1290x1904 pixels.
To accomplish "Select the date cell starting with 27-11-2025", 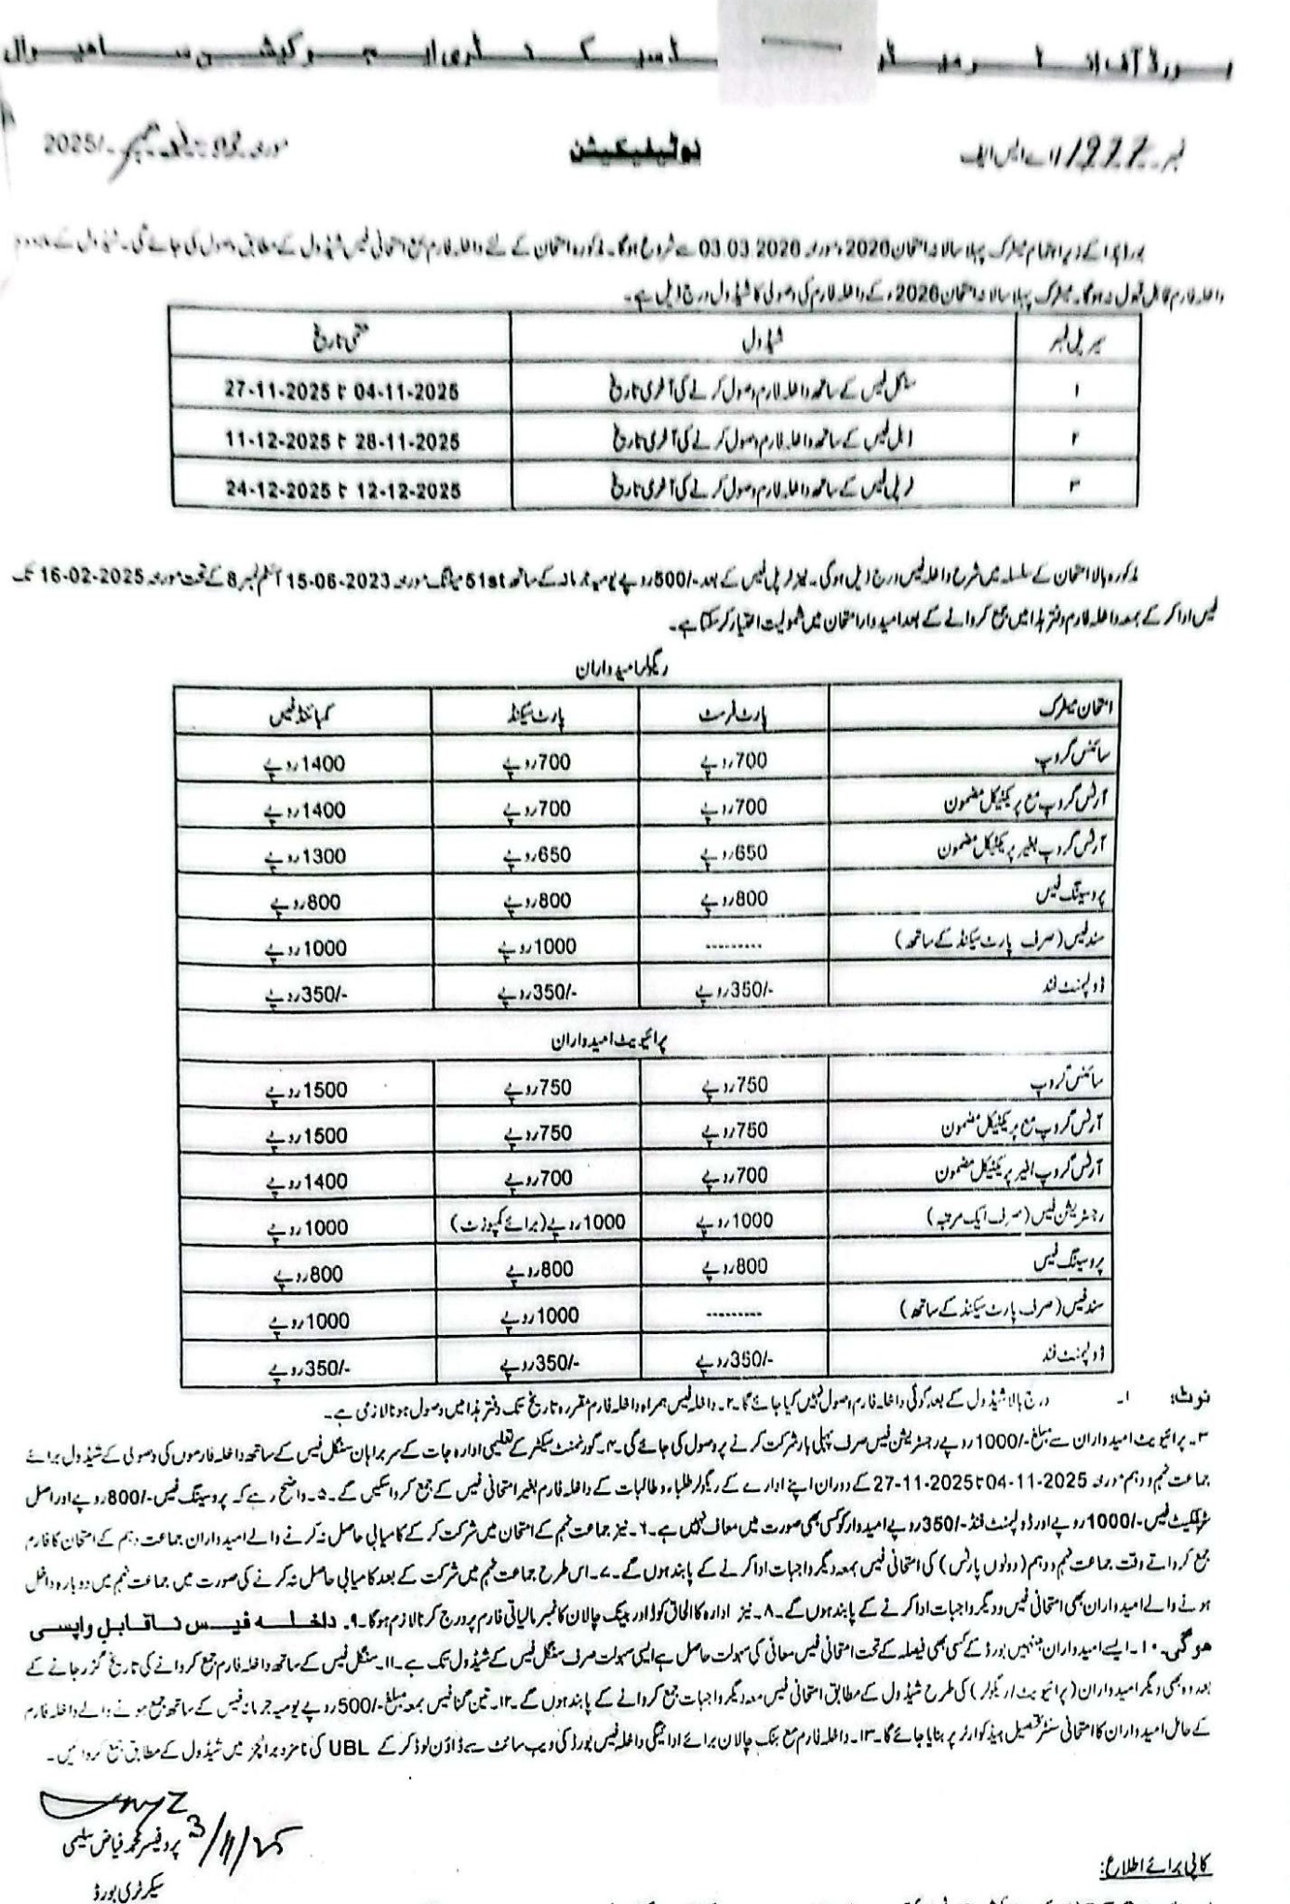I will pyautogui.click(x=341, y=390).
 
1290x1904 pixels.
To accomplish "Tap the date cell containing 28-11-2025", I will pyautogui.click(x=341, y=440).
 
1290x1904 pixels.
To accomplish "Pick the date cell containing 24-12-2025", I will pyautogui.click(x=341, y=489).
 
